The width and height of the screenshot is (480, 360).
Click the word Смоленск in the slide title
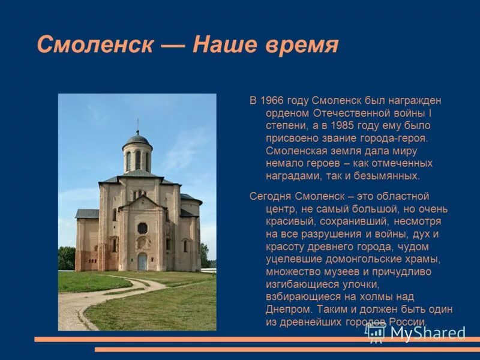pos(94,45)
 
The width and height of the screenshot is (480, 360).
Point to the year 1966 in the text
pos(271,100)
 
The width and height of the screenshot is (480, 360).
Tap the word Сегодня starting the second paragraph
pos(271,196)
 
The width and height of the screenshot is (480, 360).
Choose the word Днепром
pos(288,310)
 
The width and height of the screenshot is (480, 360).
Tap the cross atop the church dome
pos(137,124)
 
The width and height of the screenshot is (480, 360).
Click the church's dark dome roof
pos(137,139)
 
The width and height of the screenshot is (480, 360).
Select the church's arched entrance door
pos(142,261)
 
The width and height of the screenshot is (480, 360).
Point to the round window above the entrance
pos(142,228)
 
